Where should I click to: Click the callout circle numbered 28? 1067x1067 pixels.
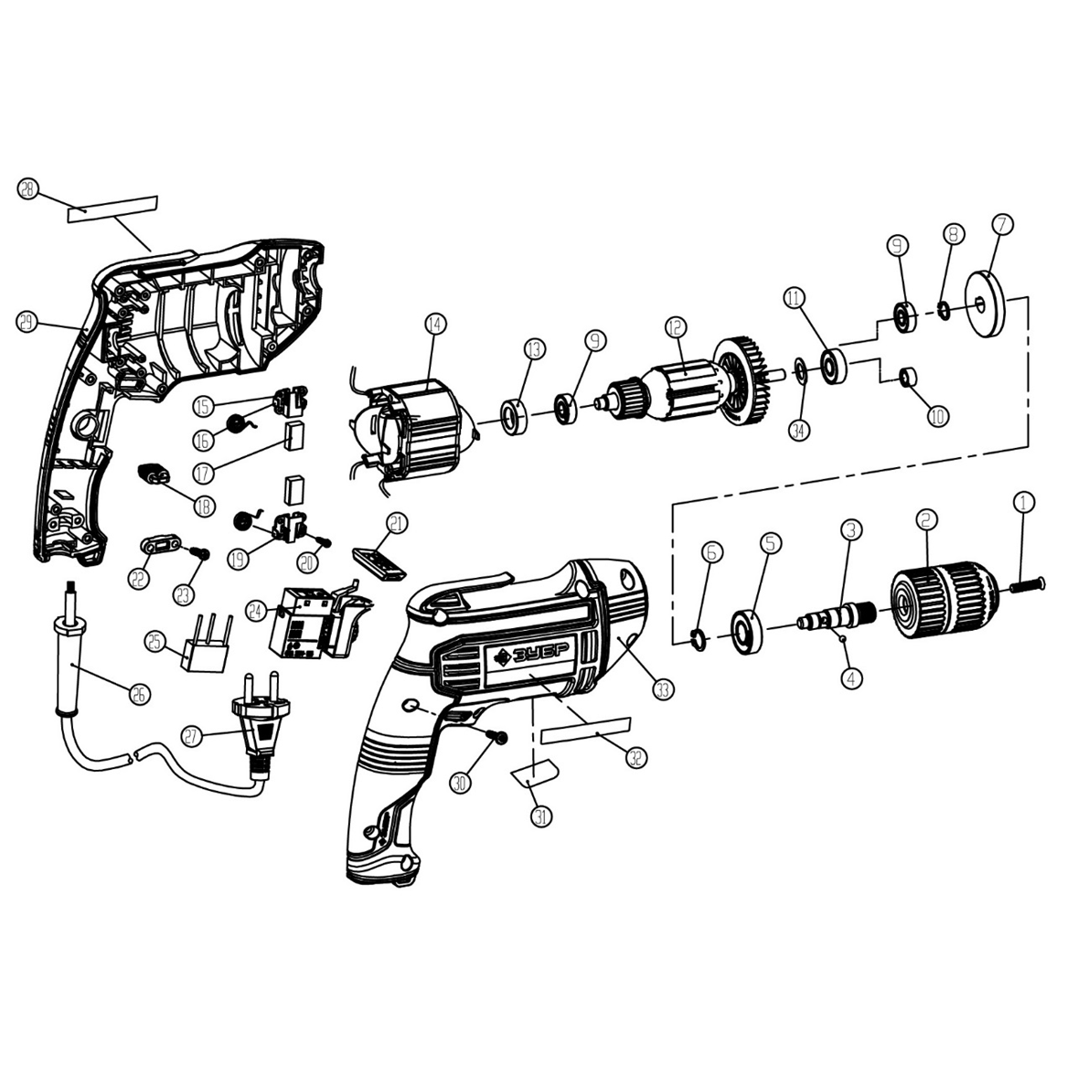point(28,190)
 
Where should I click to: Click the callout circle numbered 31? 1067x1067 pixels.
point(542,816)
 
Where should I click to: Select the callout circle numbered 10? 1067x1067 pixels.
point(938,416)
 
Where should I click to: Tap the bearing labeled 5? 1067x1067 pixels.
point(748,632)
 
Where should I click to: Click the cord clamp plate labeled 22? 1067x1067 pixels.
point(160,547)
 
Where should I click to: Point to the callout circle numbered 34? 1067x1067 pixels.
point(800,429)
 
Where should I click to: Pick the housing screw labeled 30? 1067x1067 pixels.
point(497,737)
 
